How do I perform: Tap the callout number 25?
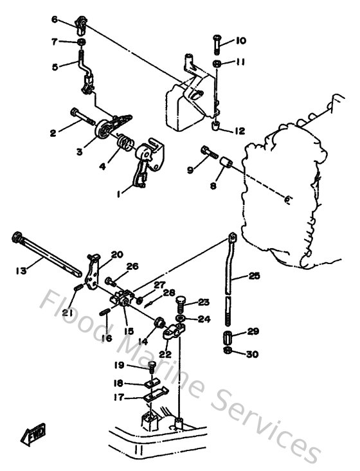254,277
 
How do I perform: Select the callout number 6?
55,20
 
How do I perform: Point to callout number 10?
241,40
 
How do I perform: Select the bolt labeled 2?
82,116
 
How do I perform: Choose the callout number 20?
116,254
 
